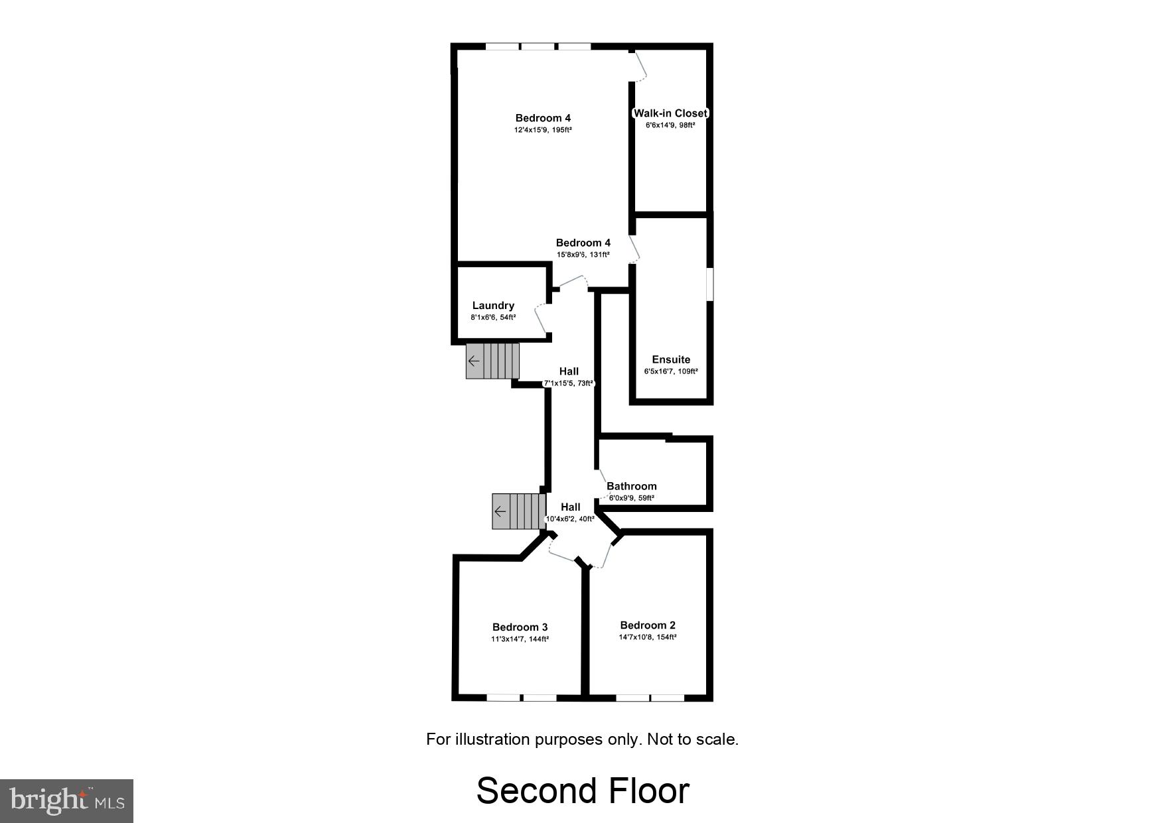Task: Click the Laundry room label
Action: (x=493, y=306)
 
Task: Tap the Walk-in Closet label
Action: (x=670, y=113)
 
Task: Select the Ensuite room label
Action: (x=671, y=359)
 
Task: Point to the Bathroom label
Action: (x=631, y=486)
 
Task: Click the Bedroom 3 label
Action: (x=520, y=627)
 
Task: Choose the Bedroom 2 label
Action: (x=648, y=625)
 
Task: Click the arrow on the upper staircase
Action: (x=474, y=361)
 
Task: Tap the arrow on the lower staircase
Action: (x=500, y=511)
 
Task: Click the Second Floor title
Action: (x=583, y=791)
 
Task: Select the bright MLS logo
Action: (x=66, y=801)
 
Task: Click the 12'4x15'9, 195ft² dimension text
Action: (x=543, y=130)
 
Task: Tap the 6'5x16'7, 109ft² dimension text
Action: (x=671, y=371)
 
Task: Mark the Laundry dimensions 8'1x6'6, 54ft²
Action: (x=493, y=318)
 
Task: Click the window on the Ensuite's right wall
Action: (x=709, y=284)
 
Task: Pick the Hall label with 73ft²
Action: (x=569, y=371)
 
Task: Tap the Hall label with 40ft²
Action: (x=570, y=507)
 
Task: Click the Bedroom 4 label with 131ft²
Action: (x=583, y=243)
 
